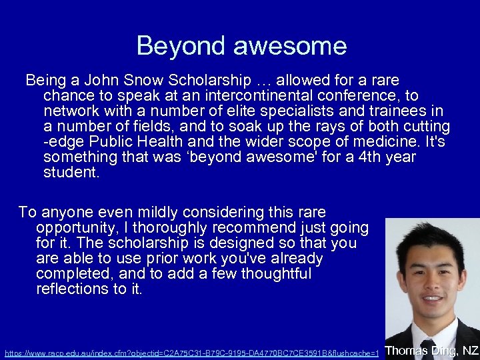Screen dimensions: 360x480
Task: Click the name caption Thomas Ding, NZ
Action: point(432,350)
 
